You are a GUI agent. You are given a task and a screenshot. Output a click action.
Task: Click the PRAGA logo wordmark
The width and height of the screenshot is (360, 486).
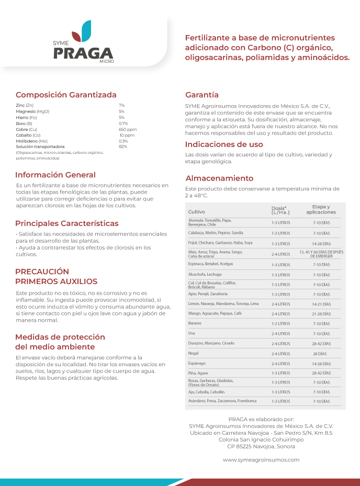pos(84,53)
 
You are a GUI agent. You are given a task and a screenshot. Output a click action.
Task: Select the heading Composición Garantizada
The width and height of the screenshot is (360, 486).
pos(66,95)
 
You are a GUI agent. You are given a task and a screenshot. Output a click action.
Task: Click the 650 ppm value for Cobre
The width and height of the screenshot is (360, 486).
pos(128,129)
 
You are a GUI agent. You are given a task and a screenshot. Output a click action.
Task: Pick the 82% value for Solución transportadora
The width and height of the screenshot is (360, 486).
pos(123,146)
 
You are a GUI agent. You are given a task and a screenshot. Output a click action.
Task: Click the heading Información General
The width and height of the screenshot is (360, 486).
pos(55,175)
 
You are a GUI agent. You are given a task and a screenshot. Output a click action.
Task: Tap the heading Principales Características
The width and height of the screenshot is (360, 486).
pos(66,223)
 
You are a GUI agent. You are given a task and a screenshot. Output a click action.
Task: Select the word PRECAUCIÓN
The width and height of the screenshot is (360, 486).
pos(42,272)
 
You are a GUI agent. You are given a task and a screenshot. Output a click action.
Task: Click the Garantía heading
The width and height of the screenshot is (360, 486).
pos(202,95)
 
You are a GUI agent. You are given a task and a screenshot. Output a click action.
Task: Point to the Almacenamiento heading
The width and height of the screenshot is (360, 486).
pos(219,178)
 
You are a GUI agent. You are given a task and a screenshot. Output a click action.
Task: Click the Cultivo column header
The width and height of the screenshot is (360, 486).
pos(196,211)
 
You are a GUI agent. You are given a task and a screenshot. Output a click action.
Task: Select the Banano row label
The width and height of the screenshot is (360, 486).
pos(195,323)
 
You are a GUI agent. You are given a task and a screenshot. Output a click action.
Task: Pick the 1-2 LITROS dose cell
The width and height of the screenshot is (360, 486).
pos(280,324)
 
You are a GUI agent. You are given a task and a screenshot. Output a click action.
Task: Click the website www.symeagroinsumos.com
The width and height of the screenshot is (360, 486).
pos(261,460)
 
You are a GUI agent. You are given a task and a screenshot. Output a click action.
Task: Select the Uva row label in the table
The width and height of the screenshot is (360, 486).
pos(192,333)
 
